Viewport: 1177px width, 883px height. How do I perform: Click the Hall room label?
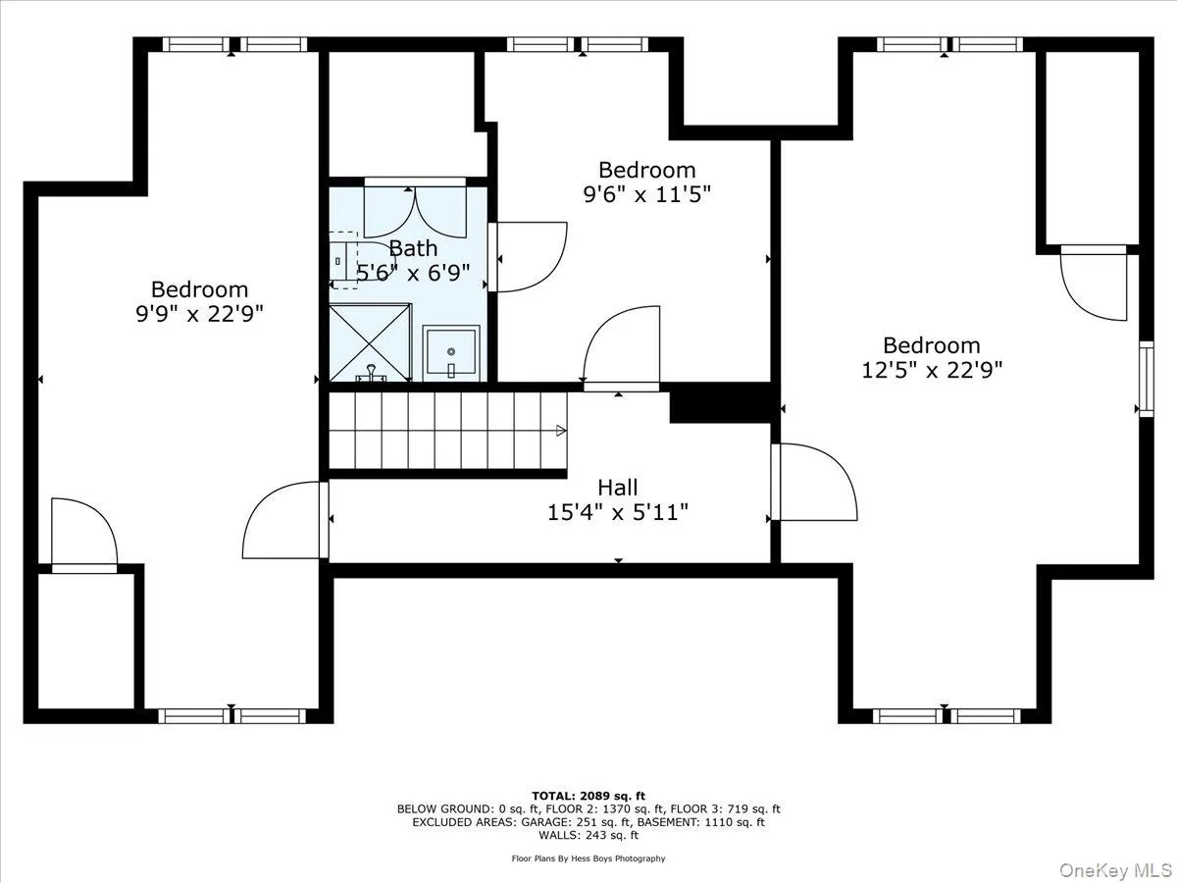(x=618, y=488)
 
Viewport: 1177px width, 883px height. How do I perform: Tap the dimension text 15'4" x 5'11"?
(x=618, y=511)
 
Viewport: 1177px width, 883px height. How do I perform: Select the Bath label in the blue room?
(x=413, y=248)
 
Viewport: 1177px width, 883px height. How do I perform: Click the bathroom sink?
(x=451, y=352)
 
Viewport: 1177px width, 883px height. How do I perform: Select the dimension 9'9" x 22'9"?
(x=199, y=314)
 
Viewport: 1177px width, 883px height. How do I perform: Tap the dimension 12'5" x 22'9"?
(x=931, y=370)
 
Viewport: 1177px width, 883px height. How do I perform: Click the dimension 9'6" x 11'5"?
(x=646, y=194)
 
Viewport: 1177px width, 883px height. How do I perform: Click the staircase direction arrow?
(x=561, y=430)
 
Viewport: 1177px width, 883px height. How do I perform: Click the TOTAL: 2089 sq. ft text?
(x=588, y=796)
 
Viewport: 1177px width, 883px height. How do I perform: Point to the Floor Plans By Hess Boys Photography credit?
(x=588, y=858)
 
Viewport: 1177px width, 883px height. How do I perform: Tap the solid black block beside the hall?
(x=722, y=403)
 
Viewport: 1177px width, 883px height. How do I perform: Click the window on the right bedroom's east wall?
(x=1145, y=379)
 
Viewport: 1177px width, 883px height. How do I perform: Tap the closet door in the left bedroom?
(x=84, y=536)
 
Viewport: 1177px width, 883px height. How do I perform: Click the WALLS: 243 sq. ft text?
(x=588, y=835)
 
